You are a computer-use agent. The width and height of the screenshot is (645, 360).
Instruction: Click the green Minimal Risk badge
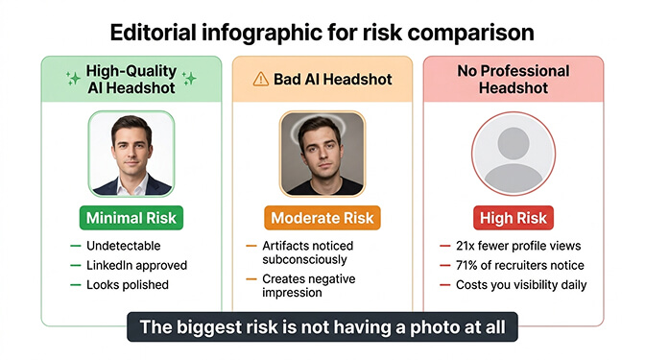click(131, 218)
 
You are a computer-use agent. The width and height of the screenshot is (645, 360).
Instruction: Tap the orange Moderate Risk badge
click(322, 218)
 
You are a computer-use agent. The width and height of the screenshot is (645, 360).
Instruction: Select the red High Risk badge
click(513, 218)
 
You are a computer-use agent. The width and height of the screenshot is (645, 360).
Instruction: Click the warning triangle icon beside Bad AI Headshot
click(261, 79)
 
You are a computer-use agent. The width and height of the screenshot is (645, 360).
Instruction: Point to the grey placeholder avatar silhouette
click(513, 154)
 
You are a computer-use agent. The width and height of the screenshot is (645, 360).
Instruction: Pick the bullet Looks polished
click(127, 284)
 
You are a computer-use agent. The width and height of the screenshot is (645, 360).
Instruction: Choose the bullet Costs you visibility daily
click(526, 284)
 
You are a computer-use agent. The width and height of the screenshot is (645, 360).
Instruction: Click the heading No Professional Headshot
click(513, 80)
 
